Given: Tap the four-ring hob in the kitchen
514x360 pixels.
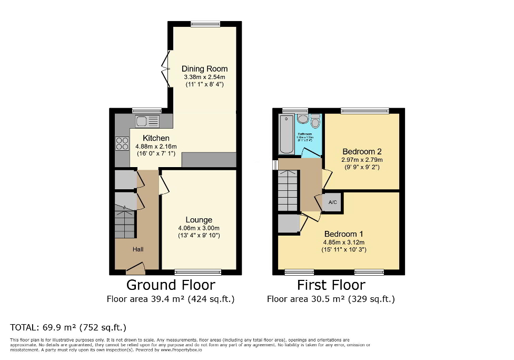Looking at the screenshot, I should point(122,143).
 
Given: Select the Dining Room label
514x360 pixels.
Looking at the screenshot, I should point(204,69).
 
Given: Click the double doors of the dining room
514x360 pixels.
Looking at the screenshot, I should point(166,69).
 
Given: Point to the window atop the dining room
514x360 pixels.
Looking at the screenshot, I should point(205,23).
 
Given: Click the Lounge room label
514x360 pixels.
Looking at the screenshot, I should point(199,220).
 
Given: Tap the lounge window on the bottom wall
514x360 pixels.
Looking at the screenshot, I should point(198,273).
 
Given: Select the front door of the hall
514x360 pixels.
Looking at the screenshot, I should point(135,271).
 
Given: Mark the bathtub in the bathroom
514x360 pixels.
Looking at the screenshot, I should point(286,134).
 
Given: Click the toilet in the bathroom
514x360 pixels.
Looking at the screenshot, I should point(315,121).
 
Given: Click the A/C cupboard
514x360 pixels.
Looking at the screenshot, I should point(332,202).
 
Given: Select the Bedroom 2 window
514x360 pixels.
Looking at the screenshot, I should point(364,111).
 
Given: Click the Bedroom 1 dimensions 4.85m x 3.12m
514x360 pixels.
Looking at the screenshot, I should point(343,242).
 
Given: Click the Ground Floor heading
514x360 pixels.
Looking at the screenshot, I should point(171,285).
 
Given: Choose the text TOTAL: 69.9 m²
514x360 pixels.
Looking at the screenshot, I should point(68,327).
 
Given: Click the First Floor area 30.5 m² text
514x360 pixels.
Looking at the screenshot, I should point(331,299).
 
